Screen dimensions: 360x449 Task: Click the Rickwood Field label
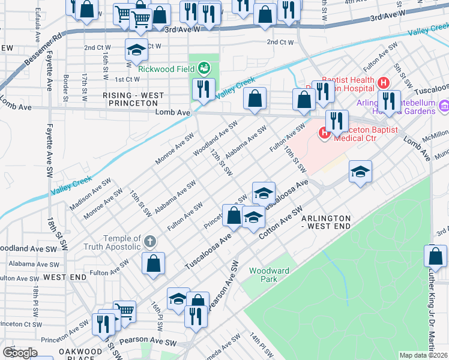166,68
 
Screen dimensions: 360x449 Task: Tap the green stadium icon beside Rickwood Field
204,68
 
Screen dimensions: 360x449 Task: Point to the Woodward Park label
270,275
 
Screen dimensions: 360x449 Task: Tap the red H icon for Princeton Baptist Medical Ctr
325,132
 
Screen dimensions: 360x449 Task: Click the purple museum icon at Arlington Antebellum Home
444,106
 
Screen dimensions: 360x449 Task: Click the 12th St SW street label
221,163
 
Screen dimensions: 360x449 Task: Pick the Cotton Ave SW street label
280,224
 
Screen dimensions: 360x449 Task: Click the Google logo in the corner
20,353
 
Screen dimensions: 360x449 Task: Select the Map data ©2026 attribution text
423,355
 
